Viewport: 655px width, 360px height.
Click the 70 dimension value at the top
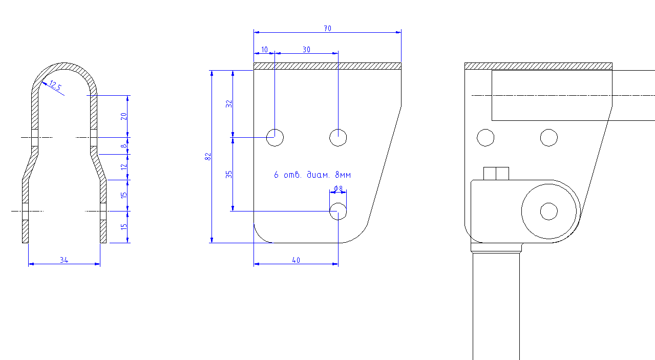coord(328,28)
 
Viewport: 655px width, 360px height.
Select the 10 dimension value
coord(264,50)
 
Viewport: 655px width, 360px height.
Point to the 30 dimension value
coord(306,50)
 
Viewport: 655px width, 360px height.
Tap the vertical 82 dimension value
coord(208,157)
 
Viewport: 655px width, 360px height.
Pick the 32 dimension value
coord(229,104)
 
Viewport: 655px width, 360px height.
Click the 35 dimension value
coord(229,175)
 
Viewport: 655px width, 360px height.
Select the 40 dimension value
coord(296,260)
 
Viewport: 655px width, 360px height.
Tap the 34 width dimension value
coord(64,260)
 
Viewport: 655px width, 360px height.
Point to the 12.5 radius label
coord(55,86)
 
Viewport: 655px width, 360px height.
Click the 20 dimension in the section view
coord(124,116)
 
